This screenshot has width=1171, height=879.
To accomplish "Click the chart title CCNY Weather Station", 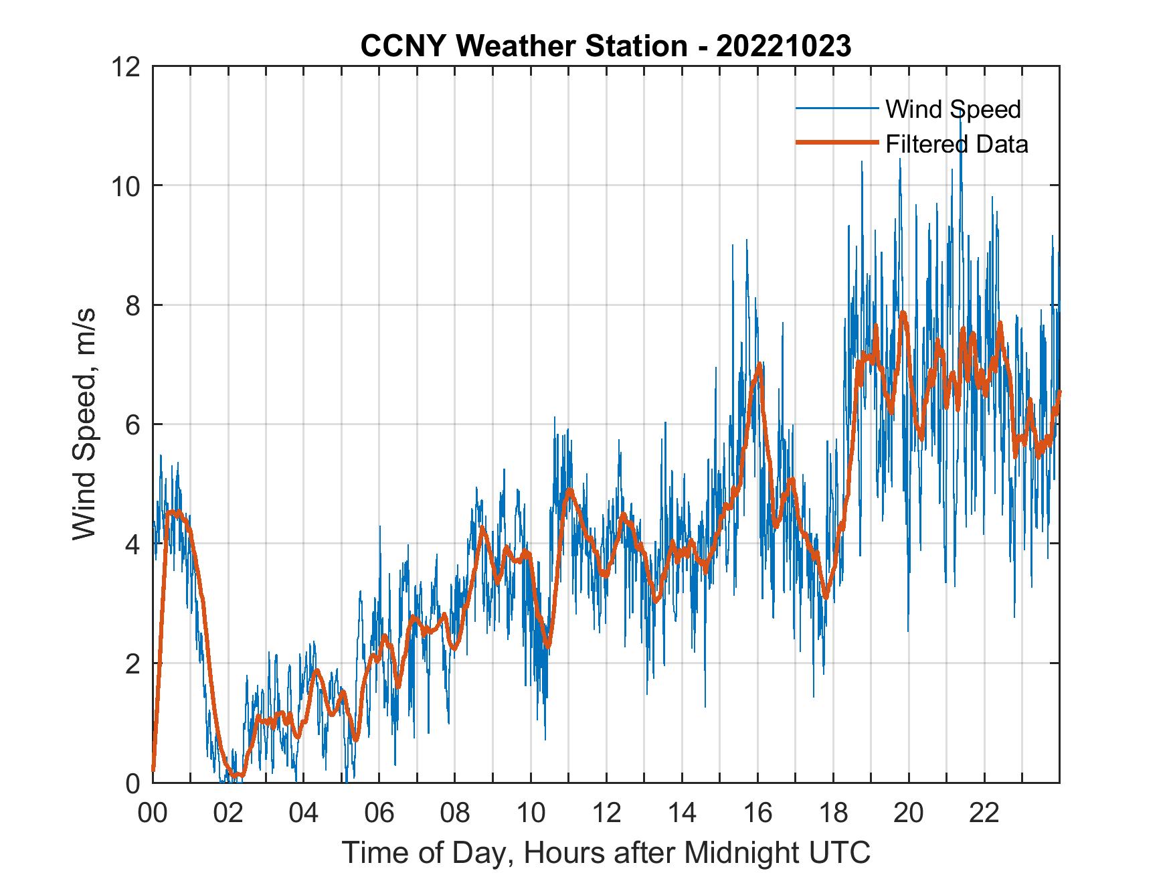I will tap(523, 46).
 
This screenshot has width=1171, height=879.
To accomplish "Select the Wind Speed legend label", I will tap(953, 109).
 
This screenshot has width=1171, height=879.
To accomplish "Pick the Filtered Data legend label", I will tap(957, 144).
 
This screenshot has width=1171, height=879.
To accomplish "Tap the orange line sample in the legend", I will tap(836, 143).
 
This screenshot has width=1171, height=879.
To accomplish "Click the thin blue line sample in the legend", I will tap(836, 108).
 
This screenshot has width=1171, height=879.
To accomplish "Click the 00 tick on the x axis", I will tap(153, 813).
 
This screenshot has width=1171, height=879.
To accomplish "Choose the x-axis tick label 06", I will tap(379, 813).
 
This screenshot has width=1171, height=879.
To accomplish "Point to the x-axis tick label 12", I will tap(606, 813).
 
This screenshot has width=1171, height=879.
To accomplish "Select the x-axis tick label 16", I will tap(757, 813).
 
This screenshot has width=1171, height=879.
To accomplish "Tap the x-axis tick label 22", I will tap(984, 813).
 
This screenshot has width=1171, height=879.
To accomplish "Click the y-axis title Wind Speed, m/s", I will tap(85, 424).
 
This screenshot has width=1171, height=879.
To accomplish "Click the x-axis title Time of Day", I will tap(606, 853).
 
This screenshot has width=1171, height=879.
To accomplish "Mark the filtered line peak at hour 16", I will tap(759, 365).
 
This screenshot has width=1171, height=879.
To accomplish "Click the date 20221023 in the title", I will tap(784, 46).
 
